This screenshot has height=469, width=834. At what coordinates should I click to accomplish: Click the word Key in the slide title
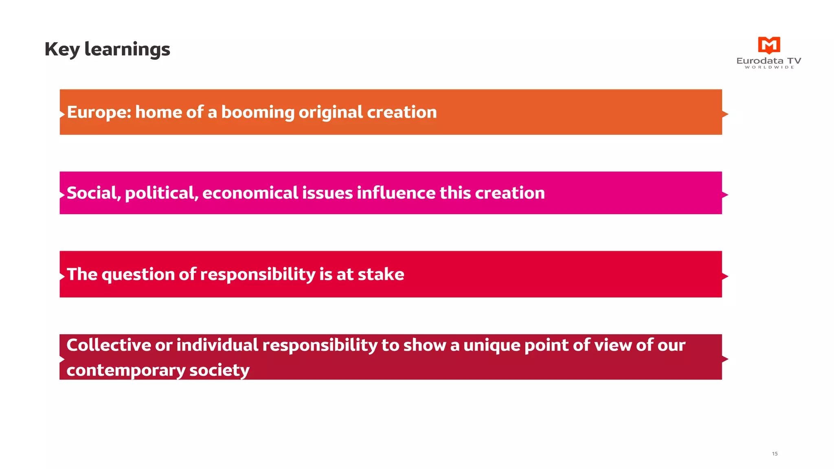tap(62, 49)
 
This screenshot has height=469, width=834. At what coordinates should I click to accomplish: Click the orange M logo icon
tap(769, 45)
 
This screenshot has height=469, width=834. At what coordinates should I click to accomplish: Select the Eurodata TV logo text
tap(769, 61)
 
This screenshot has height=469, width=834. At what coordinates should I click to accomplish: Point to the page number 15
tap(775, 454)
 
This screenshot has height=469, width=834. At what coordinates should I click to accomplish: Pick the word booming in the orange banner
tap(257, 113)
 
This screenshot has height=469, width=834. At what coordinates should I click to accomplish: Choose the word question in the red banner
tap(138, 275)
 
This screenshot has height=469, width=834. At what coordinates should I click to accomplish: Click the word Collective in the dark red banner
tap(108, 345)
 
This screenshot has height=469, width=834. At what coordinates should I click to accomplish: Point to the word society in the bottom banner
tap(219, 370)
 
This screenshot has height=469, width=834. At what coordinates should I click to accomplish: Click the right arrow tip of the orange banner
tap(725, 114)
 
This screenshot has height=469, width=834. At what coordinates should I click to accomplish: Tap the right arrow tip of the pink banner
tap(725, 195)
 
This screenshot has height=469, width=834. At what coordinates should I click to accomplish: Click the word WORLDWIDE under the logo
tap(769, 67)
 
